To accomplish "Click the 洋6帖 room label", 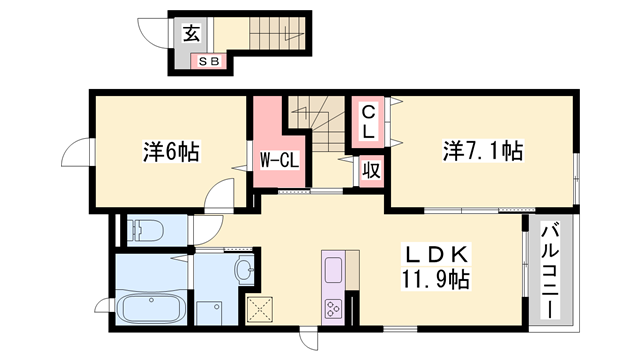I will tap(170, 152).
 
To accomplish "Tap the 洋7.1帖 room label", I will tap(483, 152).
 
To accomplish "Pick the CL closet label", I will tap(368, 121).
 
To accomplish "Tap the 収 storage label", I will tap(369, 170).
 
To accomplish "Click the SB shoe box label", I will tap(210, 62).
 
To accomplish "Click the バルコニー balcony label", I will tap(550, 269).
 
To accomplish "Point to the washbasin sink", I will tap(244, 270).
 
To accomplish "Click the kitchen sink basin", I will tap(332, 269).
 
